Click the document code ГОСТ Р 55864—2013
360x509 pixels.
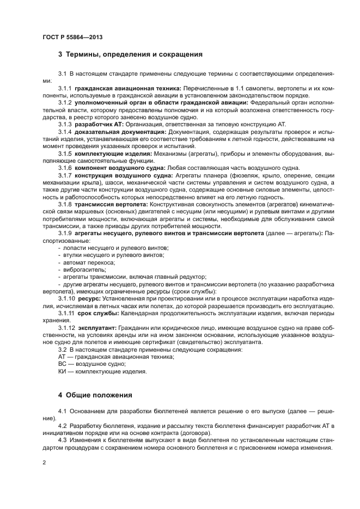tap(72, 36)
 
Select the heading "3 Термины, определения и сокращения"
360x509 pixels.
tap(130, 54)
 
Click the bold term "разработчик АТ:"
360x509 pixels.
tap(100, 124)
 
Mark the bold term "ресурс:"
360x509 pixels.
tap(89, 299)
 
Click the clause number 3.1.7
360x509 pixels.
tap(65, 175)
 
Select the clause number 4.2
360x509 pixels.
tap(62, 425)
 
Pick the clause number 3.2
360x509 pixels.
tap(62, 349)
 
